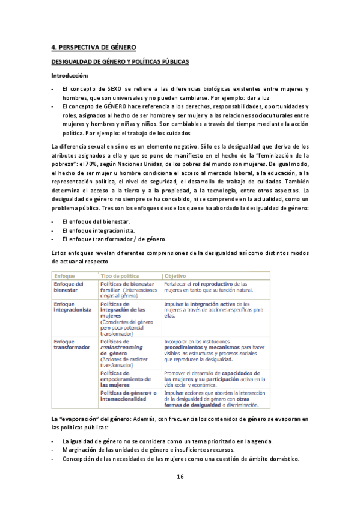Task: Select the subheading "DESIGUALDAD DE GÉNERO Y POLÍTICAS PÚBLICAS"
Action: [120, 61]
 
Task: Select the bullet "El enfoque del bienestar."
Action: [90, 221]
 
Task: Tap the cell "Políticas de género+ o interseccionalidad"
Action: [128, 396]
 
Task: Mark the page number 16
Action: [180, 476]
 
